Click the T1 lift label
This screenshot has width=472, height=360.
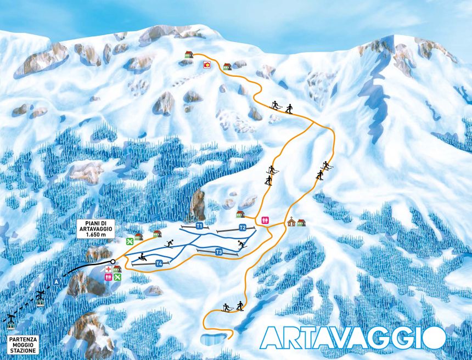pyautogui.click(x=199, y=226)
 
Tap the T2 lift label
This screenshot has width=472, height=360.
pyautogui.click(x=242, y=228)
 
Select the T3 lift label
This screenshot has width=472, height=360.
pyautogui.click(x=218, y=252)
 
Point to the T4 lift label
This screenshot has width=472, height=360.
pyautogui.click(x=159, y=263)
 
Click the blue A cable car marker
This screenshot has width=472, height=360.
pyautogui.click(x=55, y=282)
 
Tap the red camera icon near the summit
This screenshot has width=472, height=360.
pyautogui.click(x=207, y=65)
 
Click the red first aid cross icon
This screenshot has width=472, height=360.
pyautogui.click(x=109, y=269)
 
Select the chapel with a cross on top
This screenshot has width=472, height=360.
pyautogui.click(x=291, y=222)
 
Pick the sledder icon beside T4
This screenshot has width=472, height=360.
pyautogui.click(x=142, y=256)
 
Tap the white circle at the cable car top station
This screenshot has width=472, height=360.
pyautogui.click(x=113, y=262)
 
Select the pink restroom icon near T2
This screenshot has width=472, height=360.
pyautogui.click(x=266, y=218)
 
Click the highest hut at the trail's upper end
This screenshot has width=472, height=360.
pyautogui.click(x=189, y=54)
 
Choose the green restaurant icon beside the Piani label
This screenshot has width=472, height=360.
pyautogui.click(x=130, y=241)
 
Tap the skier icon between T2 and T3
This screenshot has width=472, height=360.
pyautogui.click(x=241, y=245)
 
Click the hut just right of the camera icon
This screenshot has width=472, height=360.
pyautogui.click(x=227, y=66)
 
